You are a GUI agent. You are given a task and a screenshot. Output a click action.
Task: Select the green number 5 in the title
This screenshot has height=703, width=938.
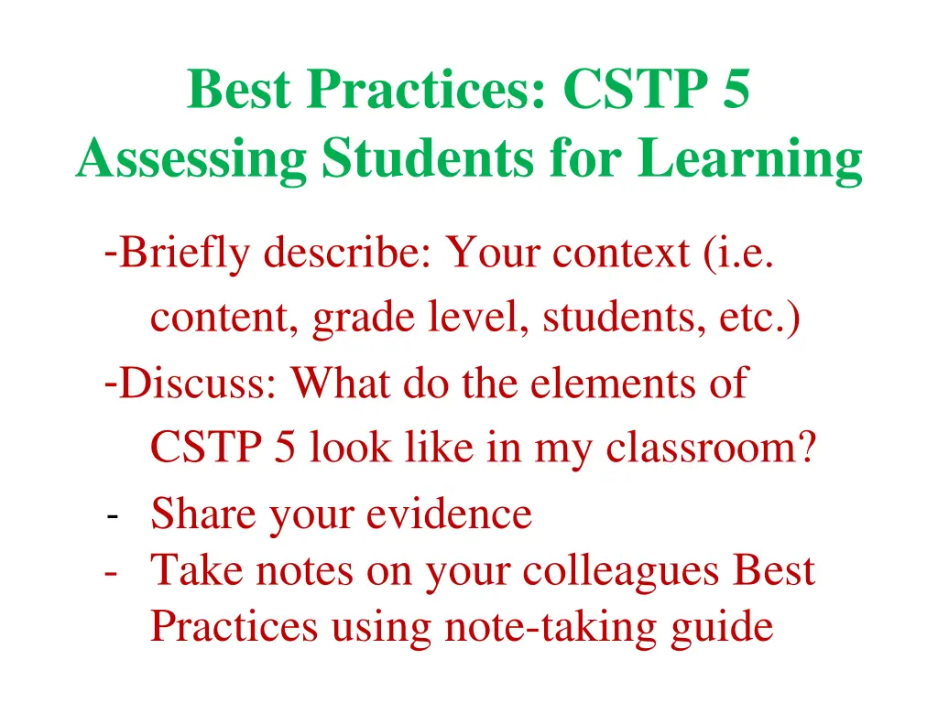click(734, 90)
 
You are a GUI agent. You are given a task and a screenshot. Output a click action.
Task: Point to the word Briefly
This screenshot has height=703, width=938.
click(184, 253)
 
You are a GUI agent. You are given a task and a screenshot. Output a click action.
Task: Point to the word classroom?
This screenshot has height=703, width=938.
click(711, 449)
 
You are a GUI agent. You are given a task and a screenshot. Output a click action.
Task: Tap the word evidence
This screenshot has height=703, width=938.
click(449, 514)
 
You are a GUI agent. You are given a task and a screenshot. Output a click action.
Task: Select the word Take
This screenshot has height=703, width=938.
click(196, 571)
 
